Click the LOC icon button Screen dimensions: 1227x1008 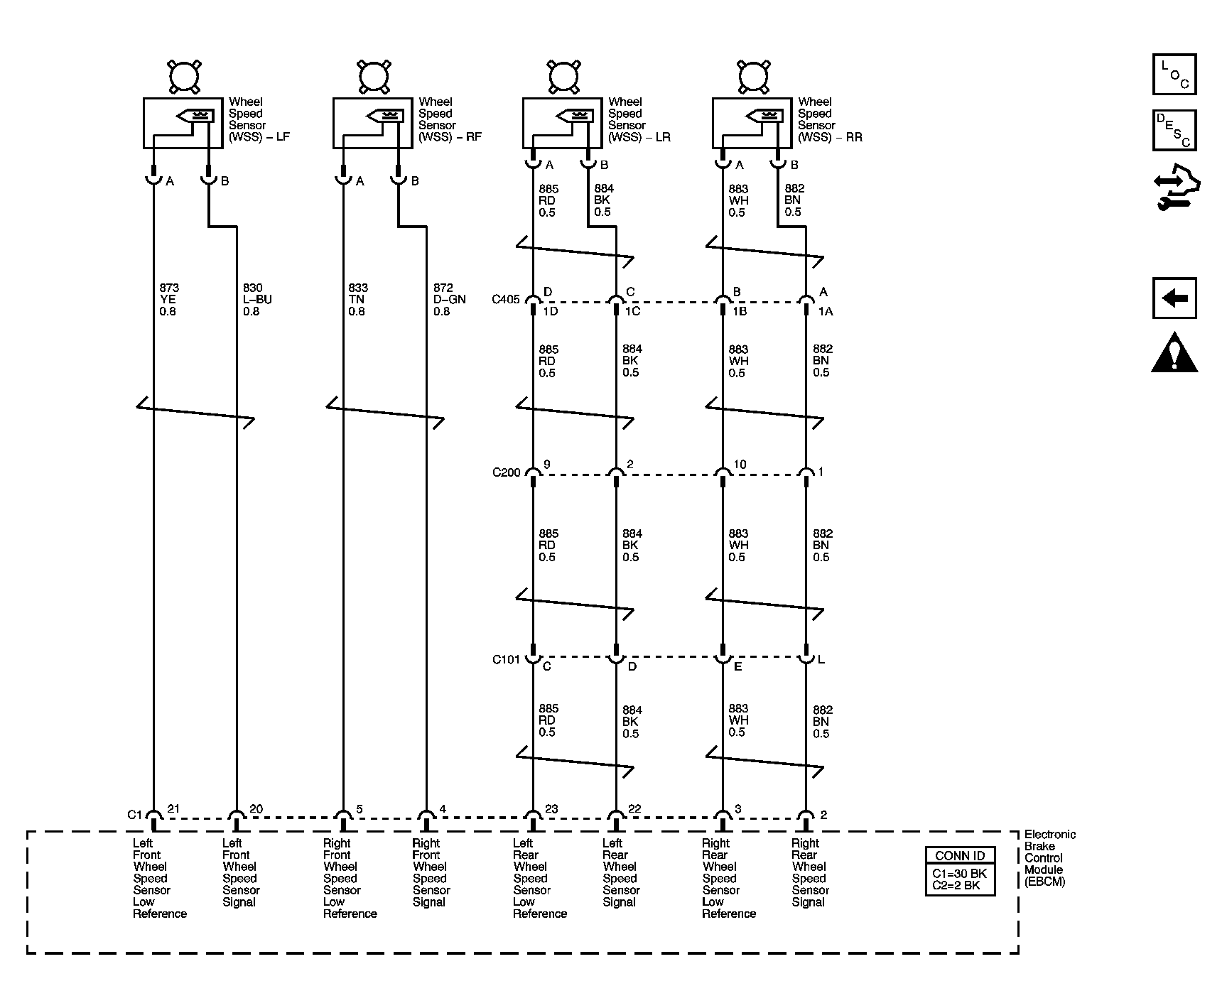1174,75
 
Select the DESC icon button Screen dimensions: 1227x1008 1174,130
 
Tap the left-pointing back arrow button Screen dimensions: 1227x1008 1174,298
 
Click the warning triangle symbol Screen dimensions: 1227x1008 1174,352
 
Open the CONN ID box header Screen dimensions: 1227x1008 960,855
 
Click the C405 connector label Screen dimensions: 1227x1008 506,300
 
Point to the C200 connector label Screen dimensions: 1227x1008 506,472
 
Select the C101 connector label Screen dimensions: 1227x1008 506,660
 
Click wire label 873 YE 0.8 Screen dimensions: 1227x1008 169,299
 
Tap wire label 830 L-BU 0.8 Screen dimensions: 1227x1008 257,299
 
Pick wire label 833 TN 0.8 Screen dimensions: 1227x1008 358,299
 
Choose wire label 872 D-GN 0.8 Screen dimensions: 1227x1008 449,299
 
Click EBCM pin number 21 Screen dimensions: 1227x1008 173,808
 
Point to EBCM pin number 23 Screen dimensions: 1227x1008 551,808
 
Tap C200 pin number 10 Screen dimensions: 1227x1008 740,465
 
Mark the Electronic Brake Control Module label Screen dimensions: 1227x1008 1049,858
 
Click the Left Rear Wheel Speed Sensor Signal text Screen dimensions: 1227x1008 620,872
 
